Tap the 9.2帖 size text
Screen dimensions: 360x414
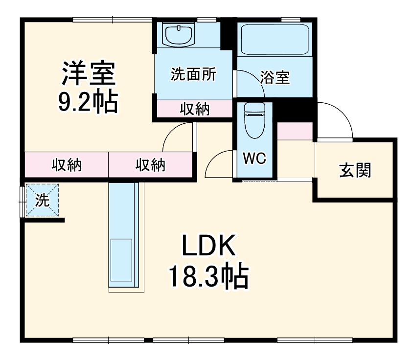point(88,102)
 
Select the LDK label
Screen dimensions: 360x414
point(209,247)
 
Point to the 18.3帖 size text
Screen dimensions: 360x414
point(209,276)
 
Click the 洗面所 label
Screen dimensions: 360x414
point(193,74)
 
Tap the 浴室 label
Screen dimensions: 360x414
point(275,77)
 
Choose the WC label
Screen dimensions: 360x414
point(254,158)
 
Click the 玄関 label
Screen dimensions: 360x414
point(355,171)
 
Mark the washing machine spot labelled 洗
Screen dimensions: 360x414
point(42,200)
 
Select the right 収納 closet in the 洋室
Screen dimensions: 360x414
point(150,165)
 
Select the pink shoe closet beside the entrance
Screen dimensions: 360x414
point(295,131)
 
